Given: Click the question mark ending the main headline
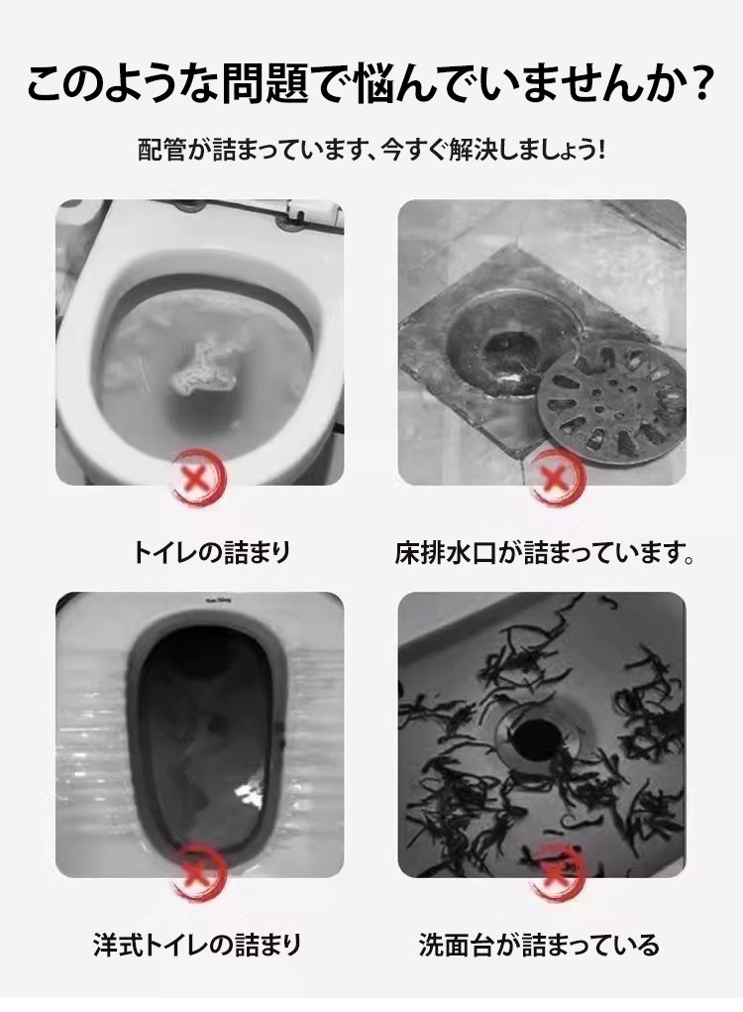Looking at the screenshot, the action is click(x=698, y=84).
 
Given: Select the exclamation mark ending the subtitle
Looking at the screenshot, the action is click(x=600, y=151).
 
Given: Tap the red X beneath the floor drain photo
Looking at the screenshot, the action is click(x=556, y=479).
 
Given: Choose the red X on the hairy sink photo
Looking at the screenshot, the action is click(x=556, y=871).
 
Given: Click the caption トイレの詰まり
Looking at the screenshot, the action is click(x=212, y=552).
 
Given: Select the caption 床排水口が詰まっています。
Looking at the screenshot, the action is click(x=544, y=552).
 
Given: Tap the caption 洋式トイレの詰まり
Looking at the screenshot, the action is click(x=197, y=945).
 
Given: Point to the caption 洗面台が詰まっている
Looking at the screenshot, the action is click(x=539, y=945).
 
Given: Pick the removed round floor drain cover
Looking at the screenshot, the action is click(x=610, y=403).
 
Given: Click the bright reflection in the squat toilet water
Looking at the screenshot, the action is click(x=251, y=793).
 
